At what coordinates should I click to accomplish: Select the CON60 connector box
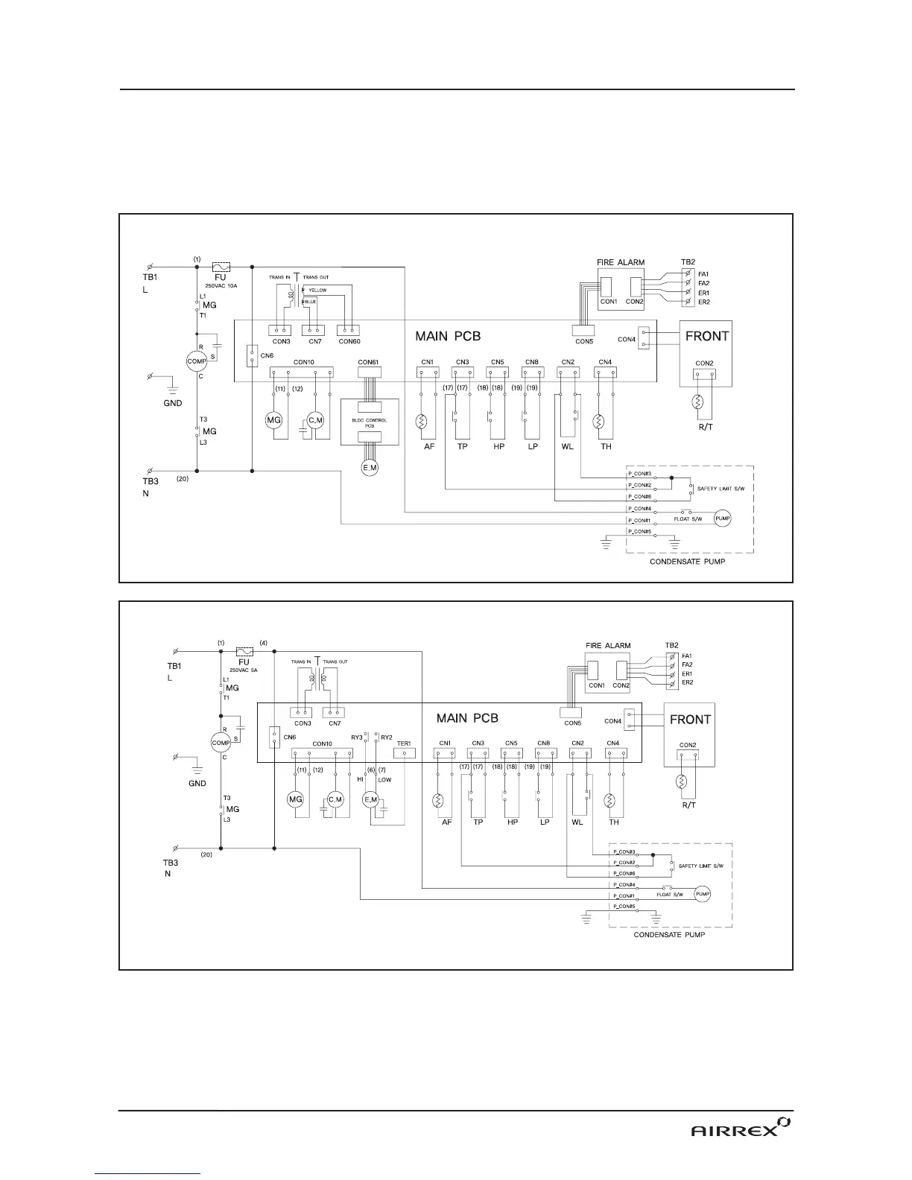(349, 329)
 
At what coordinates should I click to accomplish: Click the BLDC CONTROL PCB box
(370, 422)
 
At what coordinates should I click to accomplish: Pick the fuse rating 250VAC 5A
(244, 670)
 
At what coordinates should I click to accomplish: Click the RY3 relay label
(357, 737)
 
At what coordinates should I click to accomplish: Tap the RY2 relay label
(387, 737)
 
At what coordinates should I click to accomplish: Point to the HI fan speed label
(360, 779)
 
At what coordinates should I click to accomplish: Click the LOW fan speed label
(384, 779)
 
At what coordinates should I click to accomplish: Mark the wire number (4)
(263, 642)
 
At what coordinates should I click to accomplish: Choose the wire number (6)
(370, 769)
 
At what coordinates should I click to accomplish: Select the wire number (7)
(382, 769)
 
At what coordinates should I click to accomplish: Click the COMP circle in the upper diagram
(197, 361)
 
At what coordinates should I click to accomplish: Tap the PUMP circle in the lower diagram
(702, 894)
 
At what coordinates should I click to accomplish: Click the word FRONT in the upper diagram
(707, 336)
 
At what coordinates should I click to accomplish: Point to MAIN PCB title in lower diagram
(467, 719)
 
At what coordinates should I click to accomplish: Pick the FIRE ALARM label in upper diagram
(621, 262)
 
